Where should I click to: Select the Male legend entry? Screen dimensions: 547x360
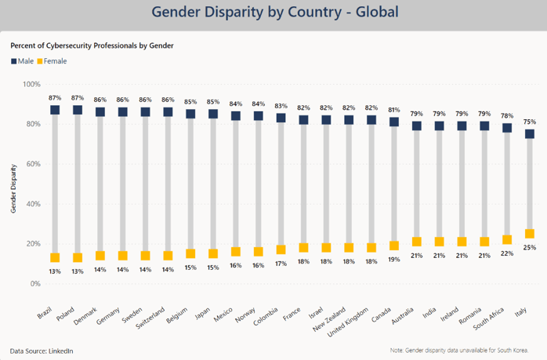[x=22, y=61]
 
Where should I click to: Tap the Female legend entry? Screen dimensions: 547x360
[x=52, y=61]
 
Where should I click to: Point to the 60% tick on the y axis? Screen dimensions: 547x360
[x=33, y=164]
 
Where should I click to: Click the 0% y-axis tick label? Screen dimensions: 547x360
[x=35, y=284]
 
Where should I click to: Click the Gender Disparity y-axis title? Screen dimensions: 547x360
[x=13, y=188]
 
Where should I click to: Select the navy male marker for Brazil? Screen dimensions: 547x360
[x=55, y=110]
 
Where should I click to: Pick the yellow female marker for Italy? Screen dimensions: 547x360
[x=530, y=234]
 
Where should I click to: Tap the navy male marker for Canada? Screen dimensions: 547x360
[x=394, y=122]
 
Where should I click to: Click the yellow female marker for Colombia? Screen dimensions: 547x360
[x=281, y=249]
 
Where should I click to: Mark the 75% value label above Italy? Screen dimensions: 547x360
[x=530, y=122]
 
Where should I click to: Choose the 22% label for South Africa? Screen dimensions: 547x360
[x=507, y=253]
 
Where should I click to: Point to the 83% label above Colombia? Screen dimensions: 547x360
[x=281, y=106]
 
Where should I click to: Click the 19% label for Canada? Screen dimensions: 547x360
[x=394, y=260]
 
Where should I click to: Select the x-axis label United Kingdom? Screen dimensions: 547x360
[x=348, y=322]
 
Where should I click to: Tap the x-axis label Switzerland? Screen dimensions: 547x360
[x=150, y=318]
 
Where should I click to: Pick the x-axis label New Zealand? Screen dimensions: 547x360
[x=329, y=319]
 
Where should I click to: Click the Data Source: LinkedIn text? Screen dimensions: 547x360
[x=42, y=351]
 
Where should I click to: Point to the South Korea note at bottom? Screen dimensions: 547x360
[x=459, y=351]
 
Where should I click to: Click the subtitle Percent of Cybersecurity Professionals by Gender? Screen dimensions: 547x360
[x=92, y=45]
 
